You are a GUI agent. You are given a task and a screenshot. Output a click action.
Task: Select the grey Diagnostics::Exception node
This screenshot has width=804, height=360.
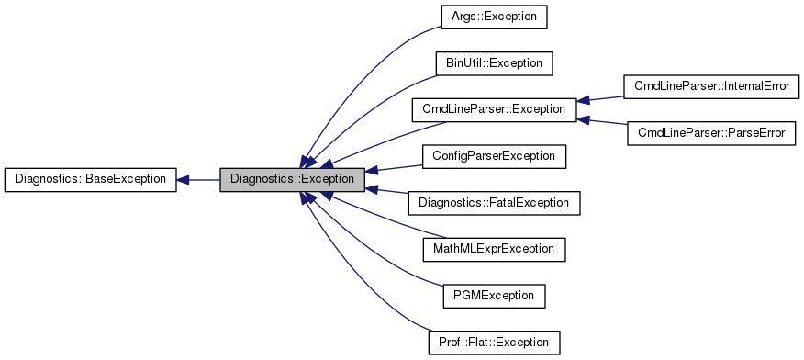[292, 179]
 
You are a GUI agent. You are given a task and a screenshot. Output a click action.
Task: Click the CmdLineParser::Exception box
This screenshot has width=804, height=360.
[494, 109]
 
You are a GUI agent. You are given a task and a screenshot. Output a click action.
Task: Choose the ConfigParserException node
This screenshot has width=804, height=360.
[494, 156]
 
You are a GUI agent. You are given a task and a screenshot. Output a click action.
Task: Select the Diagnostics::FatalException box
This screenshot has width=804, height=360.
[494, 202]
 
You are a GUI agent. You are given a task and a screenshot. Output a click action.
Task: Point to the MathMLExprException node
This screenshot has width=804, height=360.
[494, 249]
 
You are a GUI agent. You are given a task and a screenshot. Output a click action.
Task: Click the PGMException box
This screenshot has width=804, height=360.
[494, 296]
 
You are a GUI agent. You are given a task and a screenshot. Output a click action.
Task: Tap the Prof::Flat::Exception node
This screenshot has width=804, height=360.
[494, 343]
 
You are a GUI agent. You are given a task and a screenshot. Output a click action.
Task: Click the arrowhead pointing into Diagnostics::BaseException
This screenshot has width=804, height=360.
[183, 179]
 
